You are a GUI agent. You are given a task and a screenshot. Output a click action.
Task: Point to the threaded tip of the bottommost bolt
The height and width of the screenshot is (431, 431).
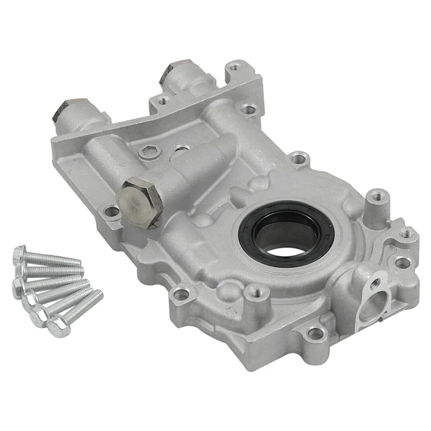98,294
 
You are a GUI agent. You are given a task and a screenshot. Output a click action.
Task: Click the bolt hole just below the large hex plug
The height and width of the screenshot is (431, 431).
112,211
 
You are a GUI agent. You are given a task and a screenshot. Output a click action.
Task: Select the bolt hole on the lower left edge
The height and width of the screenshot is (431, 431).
182,294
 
